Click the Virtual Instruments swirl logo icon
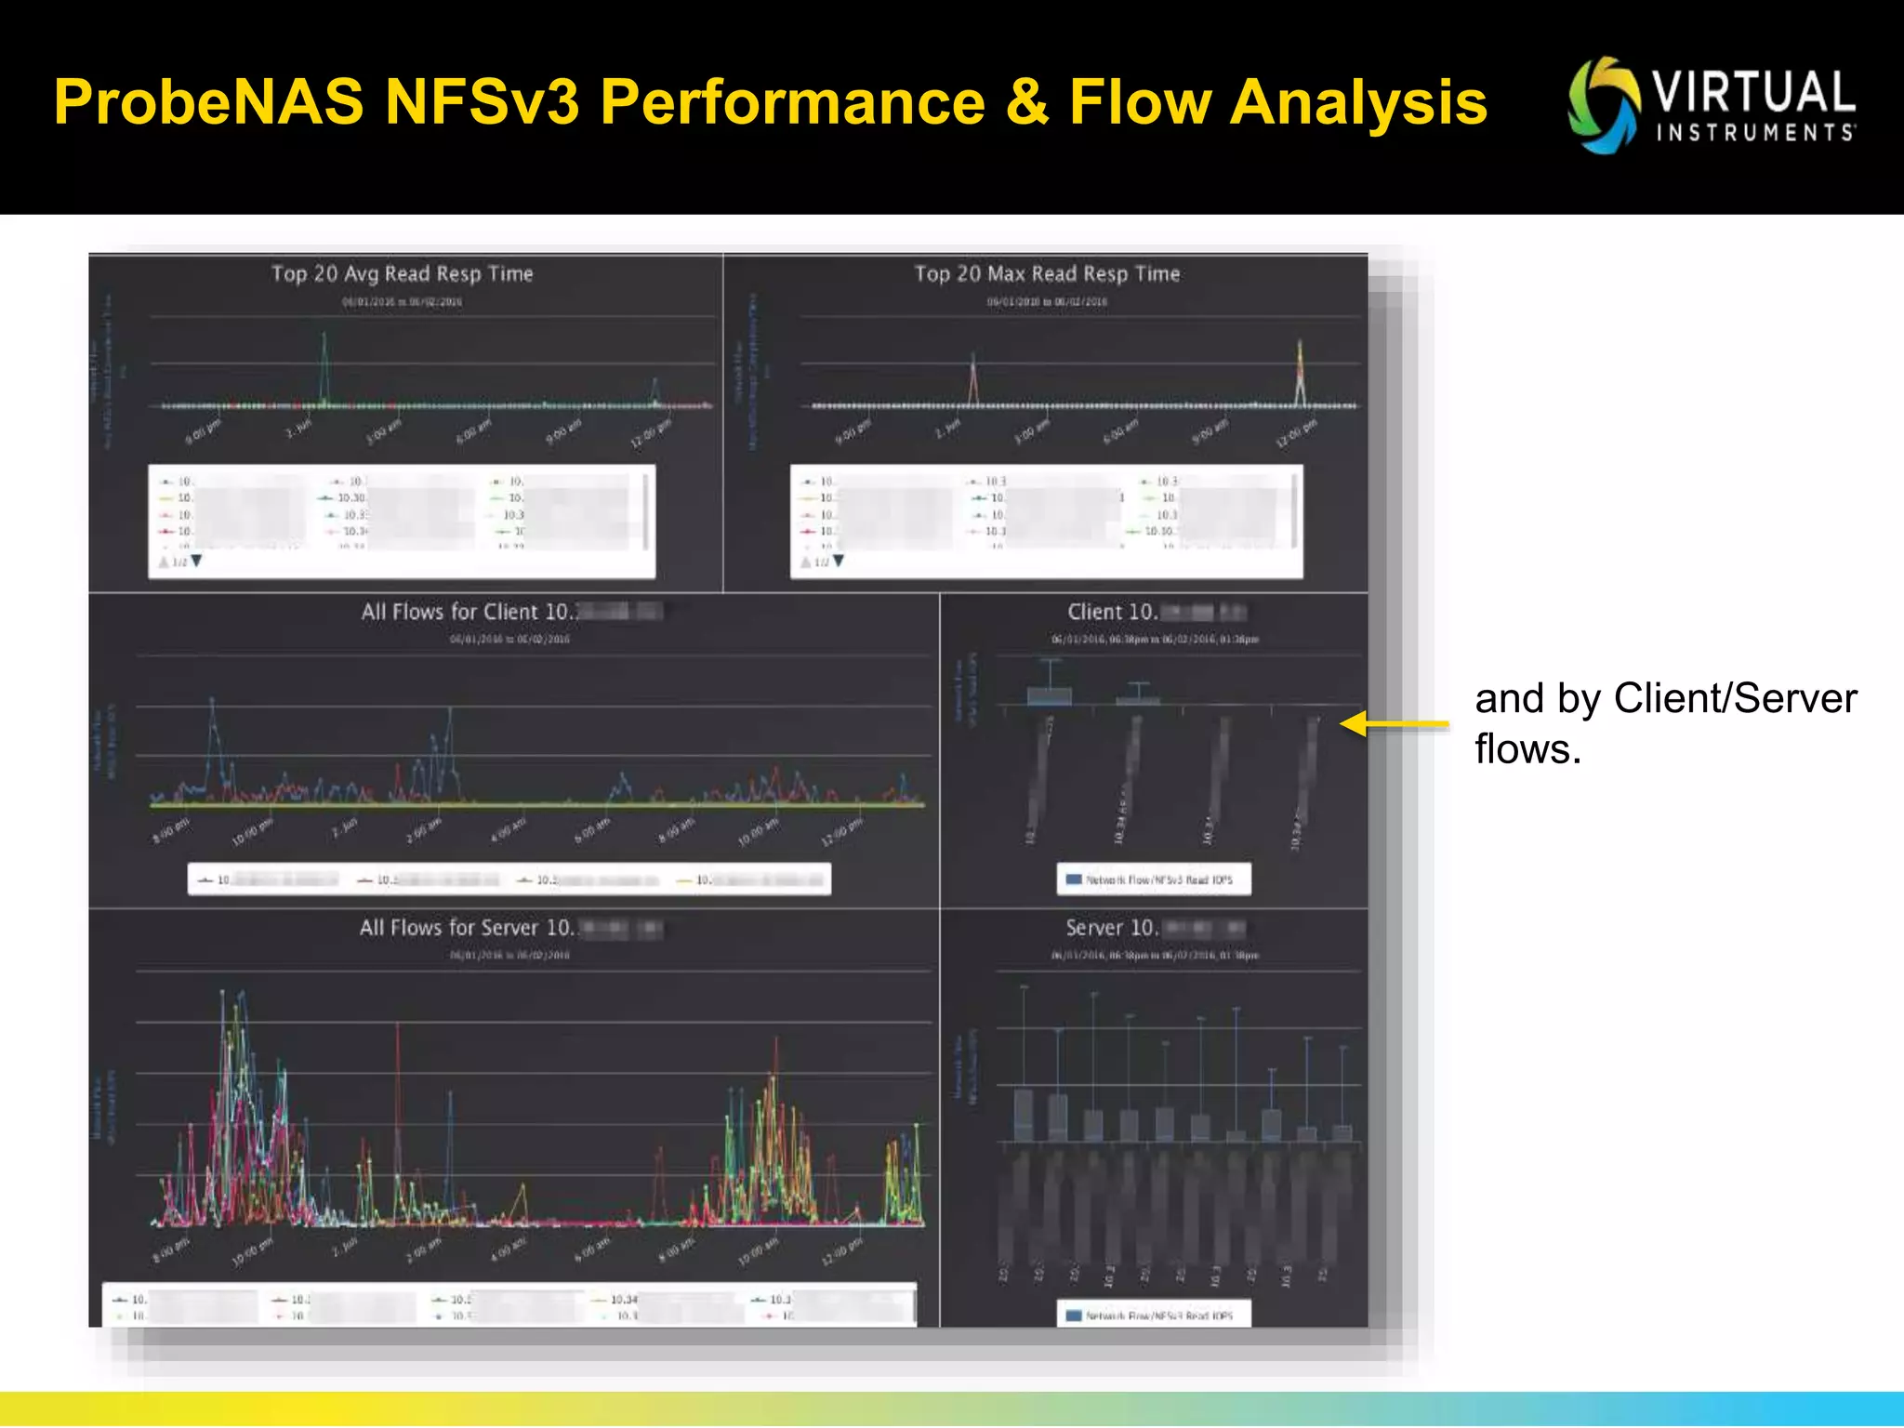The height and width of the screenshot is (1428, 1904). [1603, 105]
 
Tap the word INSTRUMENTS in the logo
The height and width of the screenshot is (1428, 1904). [1755, 133]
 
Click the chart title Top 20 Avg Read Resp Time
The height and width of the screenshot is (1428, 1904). [402, 273]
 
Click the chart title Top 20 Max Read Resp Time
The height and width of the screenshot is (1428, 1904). [1047, 273]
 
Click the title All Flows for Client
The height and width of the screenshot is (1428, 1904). [469, 612]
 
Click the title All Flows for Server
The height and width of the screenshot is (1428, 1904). [468, 928]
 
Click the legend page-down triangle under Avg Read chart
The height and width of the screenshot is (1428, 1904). [196, 562]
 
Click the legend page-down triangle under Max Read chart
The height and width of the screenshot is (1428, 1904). [839, 562]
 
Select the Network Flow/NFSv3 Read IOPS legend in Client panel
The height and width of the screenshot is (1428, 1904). [1154, 879]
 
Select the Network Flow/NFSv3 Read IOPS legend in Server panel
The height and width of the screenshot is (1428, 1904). [1154, 1316]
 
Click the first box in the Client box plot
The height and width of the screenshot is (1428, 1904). [1049, 694]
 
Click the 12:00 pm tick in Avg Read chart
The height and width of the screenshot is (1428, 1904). [652, 434]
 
